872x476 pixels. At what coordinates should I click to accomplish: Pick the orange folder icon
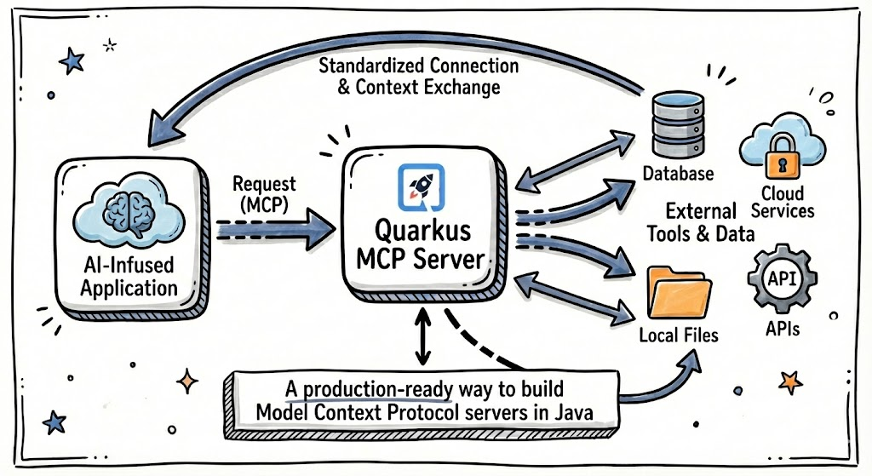pyautogui.click(x=679, y=292)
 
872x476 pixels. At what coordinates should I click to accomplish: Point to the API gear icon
pyautogui.click(x=781, y=280)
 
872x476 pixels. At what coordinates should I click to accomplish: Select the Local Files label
pyautogui.click(x=678, y=335)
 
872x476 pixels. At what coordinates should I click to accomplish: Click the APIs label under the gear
pyautogui.click(x=782, y=327)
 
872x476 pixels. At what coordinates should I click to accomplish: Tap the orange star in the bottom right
pyautogui.click(x=790, y=379)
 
